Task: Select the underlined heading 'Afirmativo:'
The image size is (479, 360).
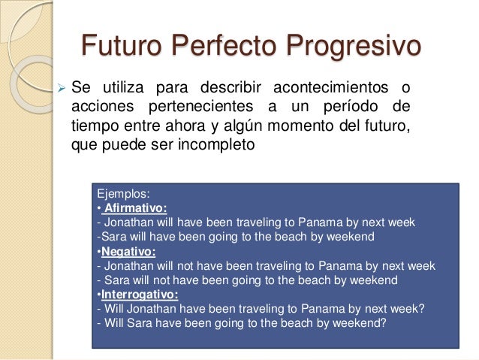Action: click(x=135, y=208)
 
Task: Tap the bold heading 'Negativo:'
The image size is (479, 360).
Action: click(x=126, y=252)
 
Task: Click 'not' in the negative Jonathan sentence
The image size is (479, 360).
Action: click(x=185, y=266)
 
